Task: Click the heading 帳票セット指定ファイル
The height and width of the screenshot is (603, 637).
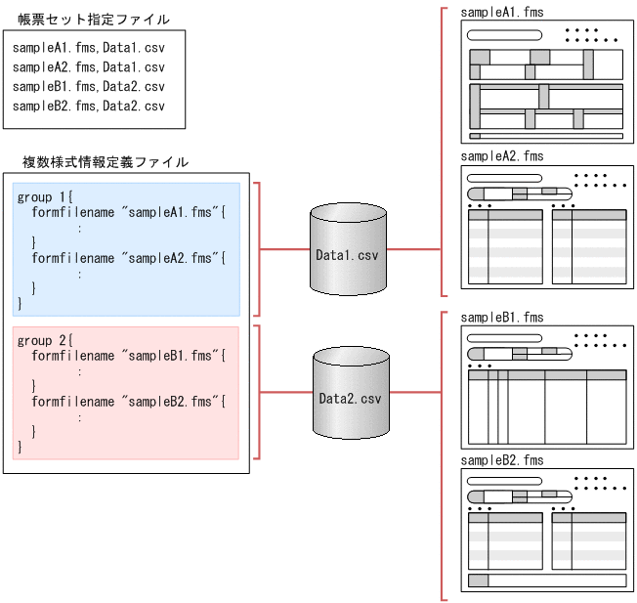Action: (87, 19)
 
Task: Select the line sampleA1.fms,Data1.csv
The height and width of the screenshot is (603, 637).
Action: (89, 48)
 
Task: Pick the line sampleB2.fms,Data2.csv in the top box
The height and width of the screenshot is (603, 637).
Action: (89, 107)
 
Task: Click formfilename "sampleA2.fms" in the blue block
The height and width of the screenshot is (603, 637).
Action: (128, 258)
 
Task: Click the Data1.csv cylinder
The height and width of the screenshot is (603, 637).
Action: (348, 252)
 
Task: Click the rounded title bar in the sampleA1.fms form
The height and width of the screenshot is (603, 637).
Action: (504, 35)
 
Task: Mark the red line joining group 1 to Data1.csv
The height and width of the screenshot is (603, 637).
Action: (284, 248)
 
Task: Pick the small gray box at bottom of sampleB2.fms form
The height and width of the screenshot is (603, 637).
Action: (478, 581)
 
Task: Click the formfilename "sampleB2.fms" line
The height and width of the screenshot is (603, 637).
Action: (128, 402)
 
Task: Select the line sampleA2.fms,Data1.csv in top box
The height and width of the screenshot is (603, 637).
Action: (89, 67)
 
